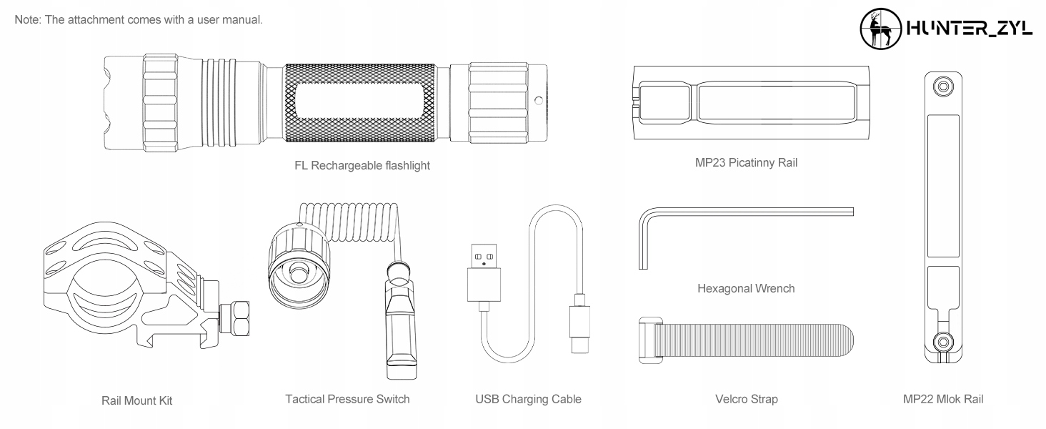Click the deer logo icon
coord(880,29)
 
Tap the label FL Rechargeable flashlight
coord(362,166)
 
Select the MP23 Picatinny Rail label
coord(746,163)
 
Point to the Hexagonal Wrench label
coord(745,289)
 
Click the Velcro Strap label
coord(746,399)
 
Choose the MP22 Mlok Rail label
coord(942,399)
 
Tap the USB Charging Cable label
coord(528,399)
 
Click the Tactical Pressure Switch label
coord(347,399)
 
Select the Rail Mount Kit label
coord(136,400)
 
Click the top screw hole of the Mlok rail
coord(943,87)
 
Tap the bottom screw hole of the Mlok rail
coord(943,340)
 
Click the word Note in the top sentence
coord(26,19)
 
